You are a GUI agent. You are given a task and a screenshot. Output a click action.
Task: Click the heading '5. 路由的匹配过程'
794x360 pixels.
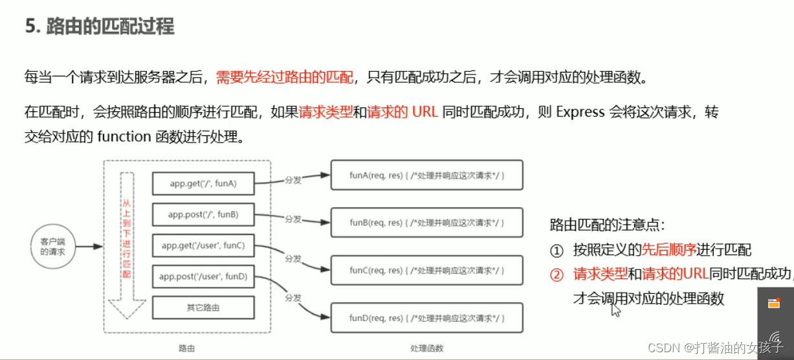point(100,27)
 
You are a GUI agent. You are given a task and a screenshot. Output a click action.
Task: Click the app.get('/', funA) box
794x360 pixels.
point(203,183)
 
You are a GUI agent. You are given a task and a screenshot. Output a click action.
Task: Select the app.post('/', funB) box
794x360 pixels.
point(203,214)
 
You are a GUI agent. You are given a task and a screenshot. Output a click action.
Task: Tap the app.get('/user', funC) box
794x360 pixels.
point(203,245)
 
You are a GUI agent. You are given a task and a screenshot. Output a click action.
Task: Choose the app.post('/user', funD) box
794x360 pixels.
point(203,276)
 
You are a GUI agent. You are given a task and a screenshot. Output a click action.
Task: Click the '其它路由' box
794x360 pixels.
point(203,308)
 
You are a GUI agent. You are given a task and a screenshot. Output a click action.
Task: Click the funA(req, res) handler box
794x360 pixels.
point(426,175)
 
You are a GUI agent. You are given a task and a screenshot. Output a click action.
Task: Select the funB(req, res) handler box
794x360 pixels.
point(426,222)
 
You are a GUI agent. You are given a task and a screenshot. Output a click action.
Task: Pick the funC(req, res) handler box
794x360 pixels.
point(426,270)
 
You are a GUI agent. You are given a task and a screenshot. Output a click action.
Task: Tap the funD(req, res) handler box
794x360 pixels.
point(426,318)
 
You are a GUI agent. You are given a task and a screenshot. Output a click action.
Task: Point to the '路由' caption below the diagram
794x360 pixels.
point(186,348)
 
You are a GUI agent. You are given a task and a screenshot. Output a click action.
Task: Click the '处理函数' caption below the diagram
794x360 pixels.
point(426,348)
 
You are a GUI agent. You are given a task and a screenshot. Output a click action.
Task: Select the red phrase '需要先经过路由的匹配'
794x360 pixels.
point(285,78)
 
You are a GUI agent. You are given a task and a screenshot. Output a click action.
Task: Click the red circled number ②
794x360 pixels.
point(557,275)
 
